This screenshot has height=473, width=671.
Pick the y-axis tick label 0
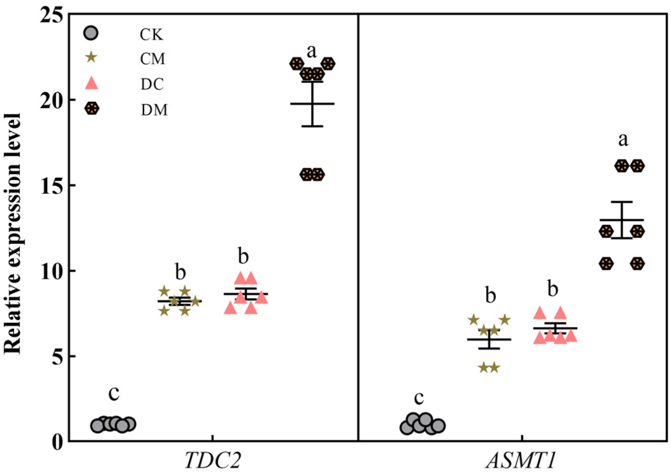coord(58,442)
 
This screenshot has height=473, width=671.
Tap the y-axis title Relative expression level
coord(13,234)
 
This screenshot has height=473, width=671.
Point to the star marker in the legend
coord(91,57)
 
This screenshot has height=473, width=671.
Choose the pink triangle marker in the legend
coord(91,83)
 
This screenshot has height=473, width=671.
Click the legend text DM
coord(154,110)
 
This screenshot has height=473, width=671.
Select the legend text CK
coord(152,35)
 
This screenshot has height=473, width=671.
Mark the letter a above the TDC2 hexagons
coord(311,52)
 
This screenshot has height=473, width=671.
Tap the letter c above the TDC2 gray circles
coord(114,393)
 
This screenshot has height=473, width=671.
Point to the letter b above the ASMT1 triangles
coord(553,289)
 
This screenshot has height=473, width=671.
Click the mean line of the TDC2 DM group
coord(312,104)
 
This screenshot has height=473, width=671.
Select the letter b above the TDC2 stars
coord(181,272)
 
